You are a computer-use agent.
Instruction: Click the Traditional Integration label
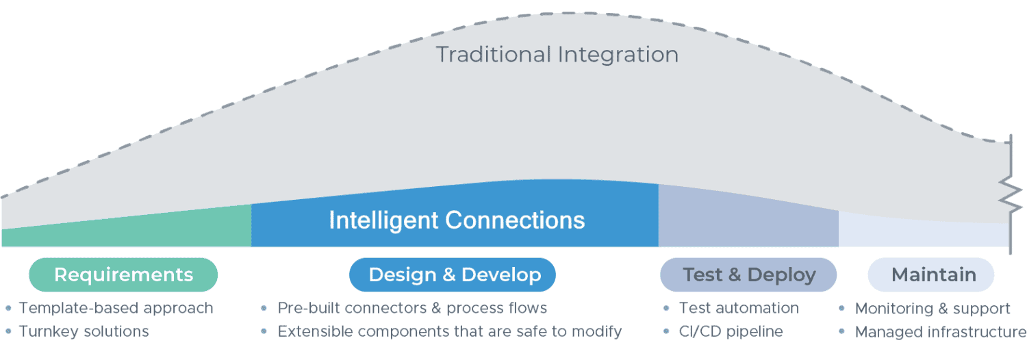(x=557, y=54)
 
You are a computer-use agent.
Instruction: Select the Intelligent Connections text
(x=457, y=220)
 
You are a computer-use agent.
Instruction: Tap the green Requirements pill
(x=123, y=275)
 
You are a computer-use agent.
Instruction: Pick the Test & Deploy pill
(x=748, y=275)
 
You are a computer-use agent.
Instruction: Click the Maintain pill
(x=933, y=275)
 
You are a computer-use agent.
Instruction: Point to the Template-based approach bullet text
(x=116, y=308)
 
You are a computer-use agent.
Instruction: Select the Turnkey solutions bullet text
(x=84, y=331)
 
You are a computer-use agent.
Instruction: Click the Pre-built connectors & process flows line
(x=412, y=308)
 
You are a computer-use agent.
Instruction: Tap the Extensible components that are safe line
(x=449, y=331)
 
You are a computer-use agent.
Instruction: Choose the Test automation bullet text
(x=739, y=308)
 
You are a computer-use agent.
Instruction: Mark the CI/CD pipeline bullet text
(x=731, y=331)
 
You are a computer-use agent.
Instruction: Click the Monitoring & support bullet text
(x=933, y=309)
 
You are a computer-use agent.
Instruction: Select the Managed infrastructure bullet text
(x=940, y=332)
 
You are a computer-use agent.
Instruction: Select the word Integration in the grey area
(x=618, y=54)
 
